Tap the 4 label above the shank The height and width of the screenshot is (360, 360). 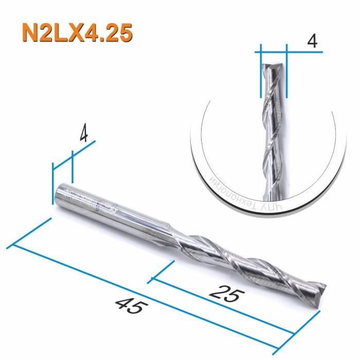click(84, 135)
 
